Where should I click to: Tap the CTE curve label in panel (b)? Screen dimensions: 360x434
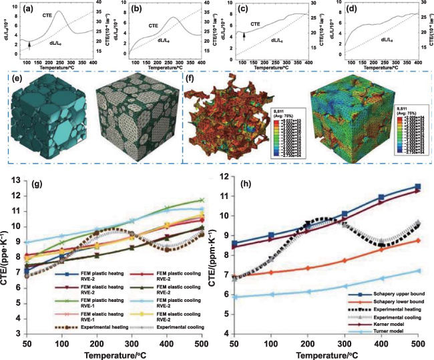pos(153,27)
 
